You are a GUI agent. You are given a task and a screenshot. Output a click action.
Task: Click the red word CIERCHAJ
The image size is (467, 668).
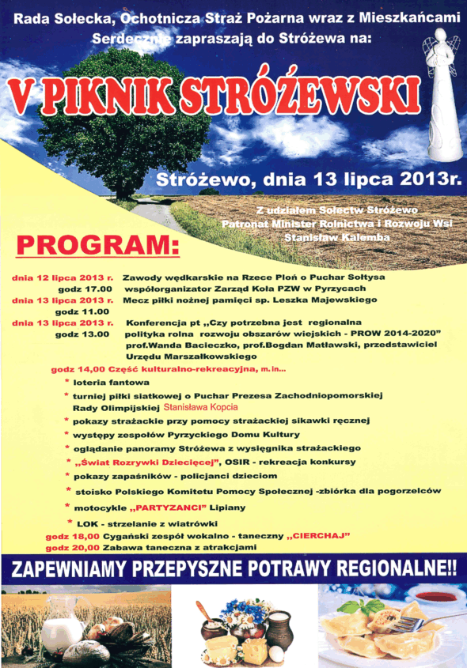[x=322, y=535]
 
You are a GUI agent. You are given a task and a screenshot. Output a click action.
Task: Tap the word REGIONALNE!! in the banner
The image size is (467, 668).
[x=397, y=569]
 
